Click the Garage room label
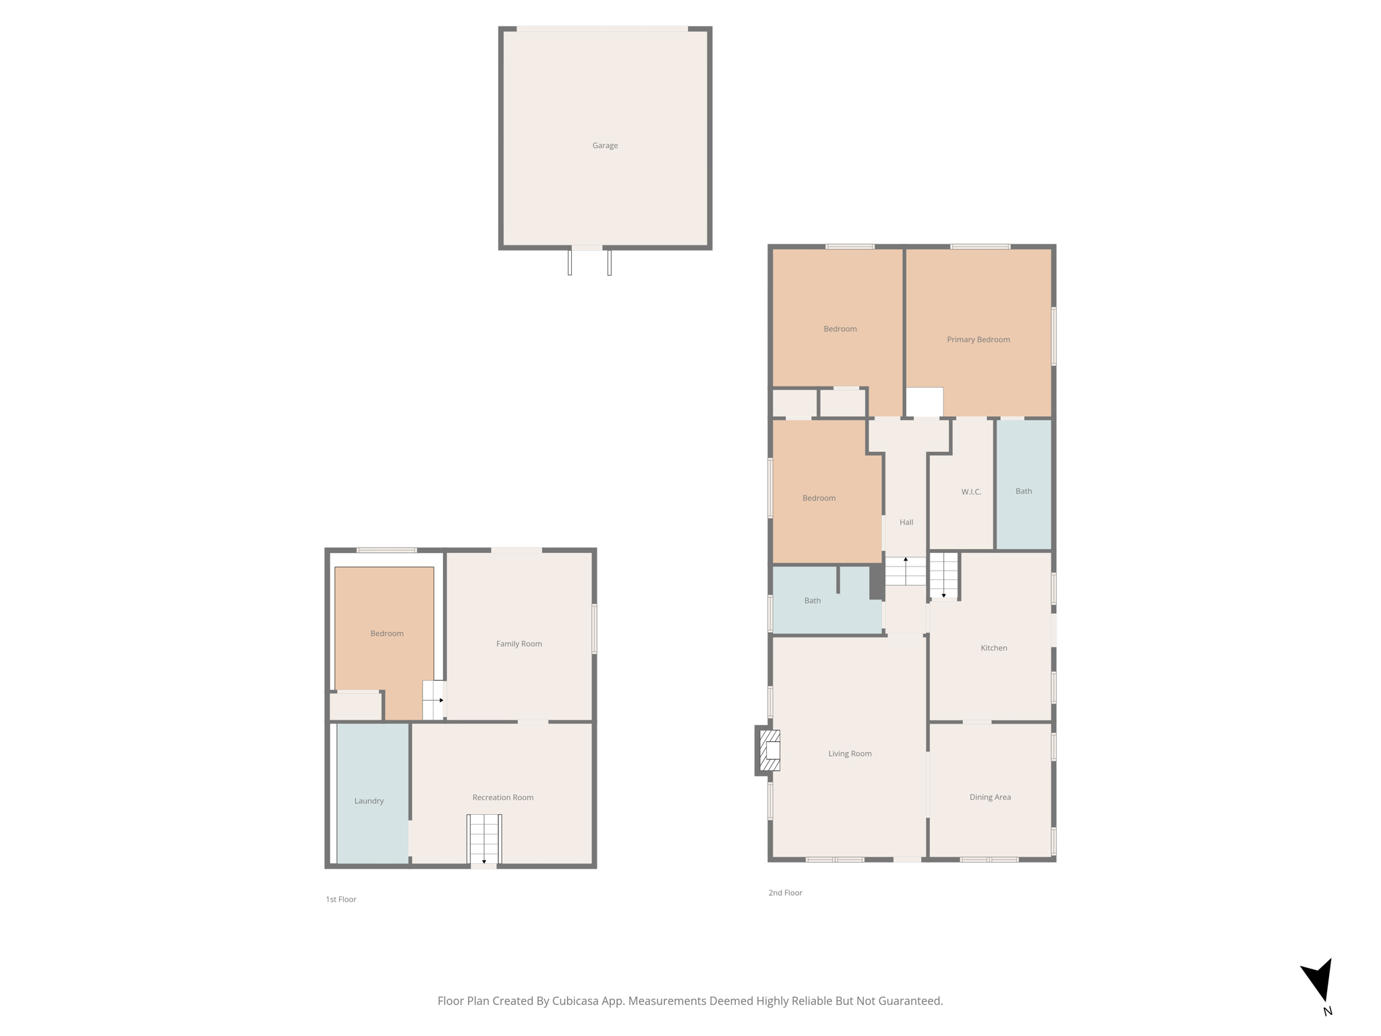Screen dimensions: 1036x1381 point(605,146)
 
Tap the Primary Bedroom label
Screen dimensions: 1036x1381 point(978,340)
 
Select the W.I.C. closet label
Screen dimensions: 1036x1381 point(971,492)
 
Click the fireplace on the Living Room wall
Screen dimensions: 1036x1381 point(769,750)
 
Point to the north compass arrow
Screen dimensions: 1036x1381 point(1319,981)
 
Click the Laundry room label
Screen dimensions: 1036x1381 point(369,801)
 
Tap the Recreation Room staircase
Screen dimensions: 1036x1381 point(484,839)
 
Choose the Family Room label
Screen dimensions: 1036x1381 point(519,644)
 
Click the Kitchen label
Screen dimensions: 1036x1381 point(993,648)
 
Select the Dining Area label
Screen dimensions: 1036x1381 point(990,797)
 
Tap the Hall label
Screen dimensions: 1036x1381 point(906,523)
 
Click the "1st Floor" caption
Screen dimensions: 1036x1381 point(341,900)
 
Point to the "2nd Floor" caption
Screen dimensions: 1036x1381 point(785,893)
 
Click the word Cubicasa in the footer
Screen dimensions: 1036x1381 point(577,1001)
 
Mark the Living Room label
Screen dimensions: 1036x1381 point(850,754)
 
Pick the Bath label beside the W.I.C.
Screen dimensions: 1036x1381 point(1024,492)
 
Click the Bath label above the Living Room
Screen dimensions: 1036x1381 point(812,601)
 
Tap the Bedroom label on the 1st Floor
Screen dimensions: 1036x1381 point(386,634)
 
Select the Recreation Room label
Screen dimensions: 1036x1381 point(502,798)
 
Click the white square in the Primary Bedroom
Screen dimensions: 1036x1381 point(924,402)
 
